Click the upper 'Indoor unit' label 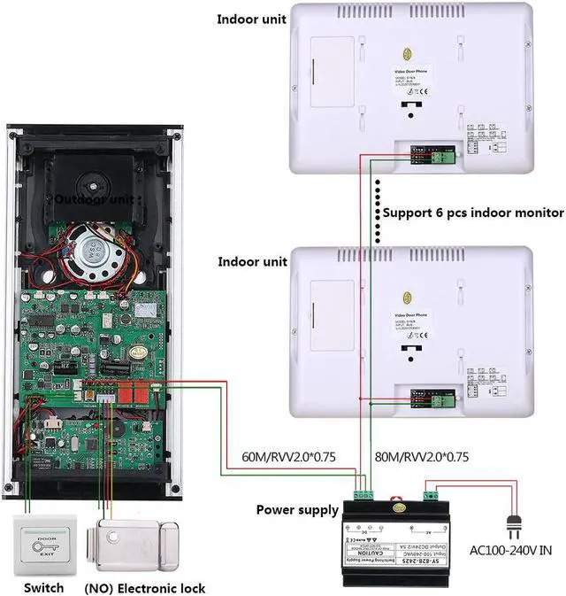point(252,19)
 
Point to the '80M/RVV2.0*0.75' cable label point(423,457)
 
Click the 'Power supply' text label point(297,510)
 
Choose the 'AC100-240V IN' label point(510,551)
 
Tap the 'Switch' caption point(43,588)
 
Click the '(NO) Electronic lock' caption point(144,588)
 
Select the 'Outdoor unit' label point(95,199)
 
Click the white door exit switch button point(45,546)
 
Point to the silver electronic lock point(134,545)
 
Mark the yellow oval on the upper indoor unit point(407,54)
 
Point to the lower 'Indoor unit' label point(252,262)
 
